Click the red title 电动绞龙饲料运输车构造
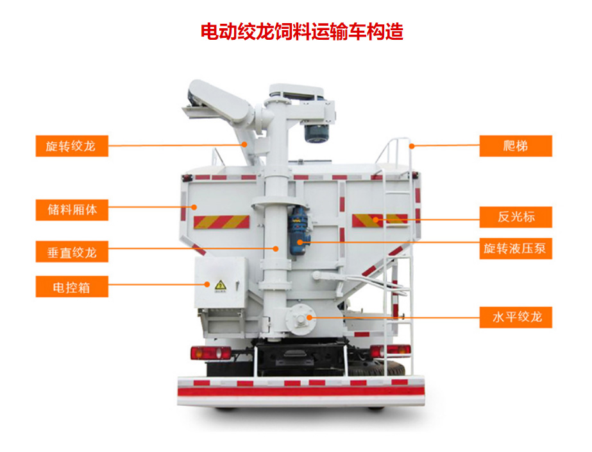tap(301, 31)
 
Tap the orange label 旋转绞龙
tap(72, 146)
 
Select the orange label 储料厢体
tap(72, 210)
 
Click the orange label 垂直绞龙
tap(72, 252)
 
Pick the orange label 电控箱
tap(72, 286)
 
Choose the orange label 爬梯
tap(516, 146)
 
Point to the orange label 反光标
tap(516, 217)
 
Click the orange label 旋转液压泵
tap(516, 248)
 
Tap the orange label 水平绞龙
tap(516, 317)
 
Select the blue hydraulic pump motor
tap(299, 231)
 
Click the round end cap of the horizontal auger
tap(300, 319)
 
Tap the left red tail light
tap(210, 353)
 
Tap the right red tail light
tap(390, 351)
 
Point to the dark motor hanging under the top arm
tap(317, 133)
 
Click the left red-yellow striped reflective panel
tap(222, 222)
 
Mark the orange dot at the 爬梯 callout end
tap(412, 146)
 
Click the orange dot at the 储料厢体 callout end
tap(194, 207)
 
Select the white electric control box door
tap(220, 282)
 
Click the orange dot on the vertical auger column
tap(276, 248)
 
